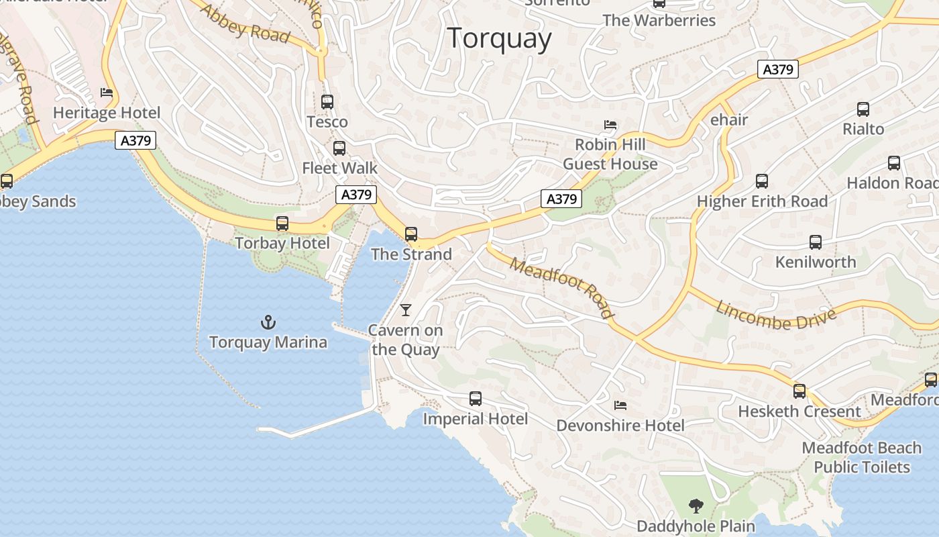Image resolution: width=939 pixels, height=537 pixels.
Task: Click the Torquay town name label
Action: pyautogui.click(x=499, y=38)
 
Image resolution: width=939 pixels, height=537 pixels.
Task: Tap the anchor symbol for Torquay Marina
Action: pyautogui.click(x=268, y=322)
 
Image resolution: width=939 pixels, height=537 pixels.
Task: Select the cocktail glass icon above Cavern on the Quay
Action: pyautogui.click(x=405, y=309)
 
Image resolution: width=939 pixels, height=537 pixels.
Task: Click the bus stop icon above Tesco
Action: pyautogui.click(x=327, y=102)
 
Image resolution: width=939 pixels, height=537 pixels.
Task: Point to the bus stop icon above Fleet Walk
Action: pyautogui.click(x=339, y=148)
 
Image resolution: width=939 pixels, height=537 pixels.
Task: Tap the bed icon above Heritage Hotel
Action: pyautogui.click(x=106, y=93)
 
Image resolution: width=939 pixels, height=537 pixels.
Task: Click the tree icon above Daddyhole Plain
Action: pyautogui.click(x=696, y=505)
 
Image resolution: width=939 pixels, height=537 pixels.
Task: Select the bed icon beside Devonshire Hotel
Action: pyautogui.click(x=620, y=405)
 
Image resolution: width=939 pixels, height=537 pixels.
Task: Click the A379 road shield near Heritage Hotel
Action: pyautogui.click(x=135, y=140)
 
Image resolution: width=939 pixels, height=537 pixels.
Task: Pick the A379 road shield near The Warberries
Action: pyautogui.click(x=778, y=69)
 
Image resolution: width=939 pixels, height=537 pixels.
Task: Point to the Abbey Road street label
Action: pyautogui.click(x=244, y=24)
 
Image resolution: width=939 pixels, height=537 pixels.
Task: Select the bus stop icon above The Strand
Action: pyautogui.click(x=411, y=234)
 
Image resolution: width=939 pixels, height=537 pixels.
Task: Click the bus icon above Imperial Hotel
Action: pyautogui.click(x=476, y=399)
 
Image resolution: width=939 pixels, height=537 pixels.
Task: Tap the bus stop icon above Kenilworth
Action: pyautogui.click(x=816, y=242)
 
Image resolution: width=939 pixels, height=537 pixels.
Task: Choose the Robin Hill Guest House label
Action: pyautogui.click(x=610, y=154)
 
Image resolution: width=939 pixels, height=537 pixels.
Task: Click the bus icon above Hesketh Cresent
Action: pyautogui.click(x=799, y=391)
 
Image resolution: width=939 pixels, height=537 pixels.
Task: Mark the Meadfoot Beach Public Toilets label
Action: pyautogui.click(x=862, y=457)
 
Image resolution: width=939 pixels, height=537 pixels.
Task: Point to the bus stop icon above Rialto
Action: pyautogui.click(x=863, y=109)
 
